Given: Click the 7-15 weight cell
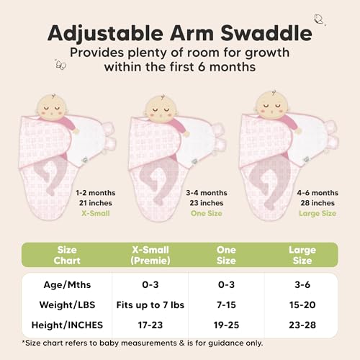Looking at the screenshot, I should pos(226,305).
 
